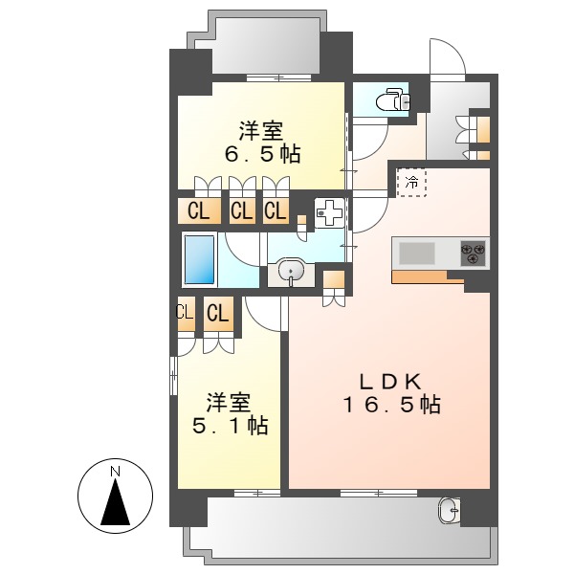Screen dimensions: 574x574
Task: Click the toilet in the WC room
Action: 391,99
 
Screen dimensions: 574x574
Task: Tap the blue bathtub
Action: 199,258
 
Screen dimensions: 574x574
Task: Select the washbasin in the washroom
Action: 291,273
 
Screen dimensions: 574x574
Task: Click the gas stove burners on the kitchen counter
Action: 474,253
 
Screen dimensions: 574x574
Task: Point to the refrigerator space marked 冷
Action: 412,181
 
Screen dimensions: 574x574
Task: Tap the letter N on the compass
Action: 114,471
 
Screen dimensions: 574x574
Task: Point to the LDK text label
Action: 391,379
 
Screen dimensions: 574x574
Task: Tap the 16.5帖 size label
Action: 391,405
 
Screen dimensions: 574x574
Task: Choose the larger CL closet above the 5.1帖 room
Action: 219,313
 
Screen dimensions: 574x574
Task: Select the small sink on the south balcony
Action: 450,509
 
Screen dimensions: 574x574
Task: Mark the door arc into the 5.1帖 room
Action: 263,311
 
